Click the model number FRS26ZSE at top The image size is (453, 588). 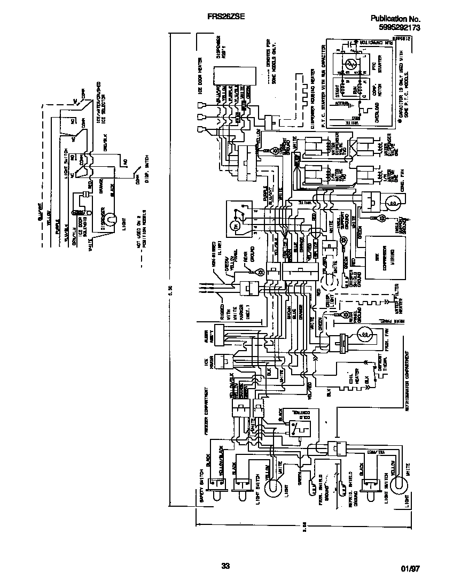tap(226, 17)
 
